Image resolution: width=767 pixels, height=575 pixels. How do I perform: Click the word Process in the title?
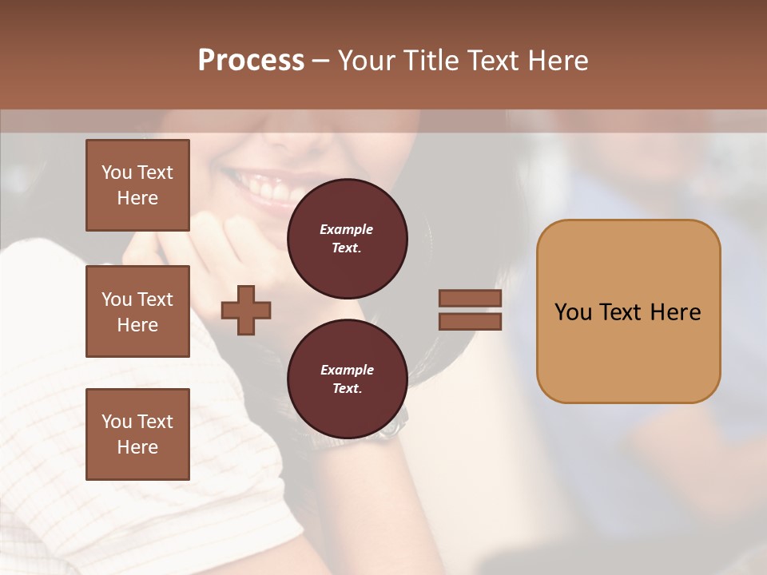coord(251,61)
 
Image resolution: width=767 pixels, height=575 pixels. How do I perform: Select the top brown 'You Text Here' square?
coord(137,185)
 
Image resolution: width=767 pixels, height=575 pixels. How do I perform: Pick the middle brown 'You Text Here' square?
coord(137,311)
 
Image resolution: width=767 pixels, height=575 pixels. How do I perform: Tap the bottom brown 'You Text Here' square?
coord(137,434)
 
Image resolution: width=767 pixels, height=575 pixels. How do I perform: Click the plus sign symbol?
coord(246,310)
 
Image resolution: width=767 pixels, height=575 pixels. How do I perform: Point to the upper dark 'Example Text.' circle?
coord(347,239)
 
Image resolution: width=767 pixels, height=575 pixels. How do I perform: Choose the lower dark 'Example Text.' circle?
coord(347,379)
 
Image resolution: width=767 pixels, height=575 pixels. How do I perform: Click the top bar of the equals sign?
coord(470,298)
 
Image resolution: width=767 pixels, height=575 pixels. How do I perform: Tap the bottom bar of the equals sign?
coord(470,321)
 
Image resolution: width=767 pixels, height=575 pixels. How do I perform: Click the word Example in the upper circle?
coord(347,229)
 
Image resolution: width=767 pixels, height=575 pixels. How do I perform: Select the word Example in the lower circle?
coord(347,370)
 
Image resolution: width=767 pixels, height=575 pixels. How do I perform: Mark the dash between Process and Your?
coord(320,61)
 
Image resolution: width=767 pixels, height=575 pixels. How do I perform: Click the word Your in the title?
coord(368,61)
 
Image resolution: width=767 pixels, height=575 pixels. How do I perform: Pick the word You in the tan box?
coord(573,312)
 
